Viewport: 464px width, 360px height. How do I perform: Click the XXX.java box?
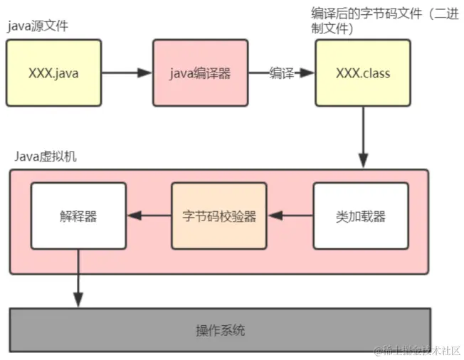54,73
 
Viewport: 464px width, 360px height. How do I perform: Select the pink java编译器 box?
200,73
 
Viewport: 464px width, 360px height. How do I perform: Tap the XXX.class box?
363,73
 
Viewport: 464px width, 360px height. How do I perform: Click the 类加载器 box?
361,216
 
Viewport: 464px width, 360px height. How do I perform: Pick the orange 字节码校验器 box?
219,216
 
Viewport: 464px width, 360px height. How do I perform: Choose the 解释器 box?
78,216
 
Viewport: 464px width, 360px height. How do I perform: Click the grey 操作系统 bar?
220,330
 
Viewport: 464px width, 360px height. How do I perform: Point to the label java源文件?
38,26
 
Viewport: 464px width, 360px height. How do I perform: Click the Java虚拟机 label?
46,157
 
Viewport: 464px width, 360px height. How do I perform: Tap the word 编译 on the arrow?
282,73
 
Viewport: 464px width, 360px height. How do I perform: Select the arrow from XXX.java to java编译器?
127,73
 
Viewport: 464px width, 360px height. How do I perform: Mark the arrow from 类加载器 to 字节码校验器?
290,216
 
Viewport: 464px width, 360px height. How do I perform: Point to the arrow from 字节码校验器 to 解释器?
149,216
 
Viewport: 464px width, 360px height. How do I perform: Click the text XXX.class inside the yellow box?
363,73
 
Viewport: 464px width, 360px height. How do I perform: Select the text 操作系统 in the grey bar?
221,330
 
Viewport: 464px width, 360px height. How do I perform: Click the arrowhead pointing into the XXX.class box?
309,73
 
